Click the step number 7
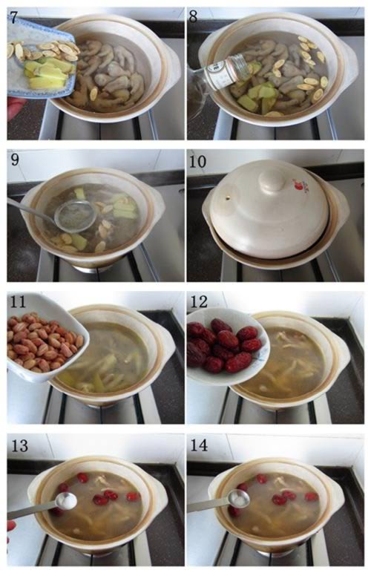tap(13, 17)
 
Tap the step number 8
tap(193, 17)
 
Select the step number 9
tap(15, 160)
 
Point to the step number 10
tap(197, 161)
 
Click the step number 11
tap(19, 302)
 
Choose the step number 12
tap(199, 302)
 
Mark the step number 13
tap(20, 446)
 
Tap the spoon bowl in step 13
tap(66, 501)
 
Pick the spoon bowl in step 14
tap(238, 499)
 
